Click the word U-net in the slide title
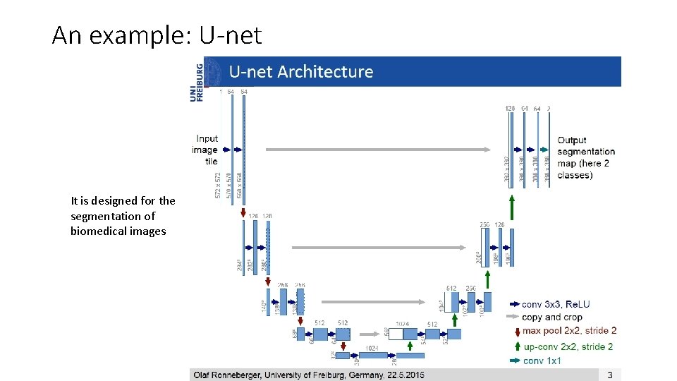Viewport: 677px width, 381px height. tap(231, 35)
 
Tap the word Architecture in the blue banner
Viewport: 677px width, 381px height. tap(326, 72)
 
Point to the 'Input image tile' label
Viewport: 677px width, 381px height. tap(205, 150)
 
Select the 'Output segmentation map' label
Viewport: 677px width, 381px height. tap(585, 157)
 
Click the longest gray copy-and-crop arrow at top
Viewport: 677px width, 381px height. tap(377, 150)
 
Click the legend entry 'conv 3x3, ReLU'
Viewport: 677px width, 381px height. tap(556, 305)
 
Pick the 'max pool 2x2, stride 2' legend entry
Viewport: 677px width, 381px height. tap(569, 330)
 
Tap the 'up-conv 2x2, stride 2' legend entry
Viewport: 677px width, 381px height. tap(568, 346)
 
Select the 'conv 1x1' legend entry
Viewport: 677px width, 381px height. tap(542, 361)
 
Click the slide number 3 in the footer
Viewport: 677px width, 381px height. tap(610, 375)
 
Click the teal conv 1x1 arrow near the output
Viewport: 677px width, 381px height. tap(544, 150)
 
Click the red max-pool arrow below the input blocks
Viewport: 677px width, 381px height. tap(243, 212)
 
